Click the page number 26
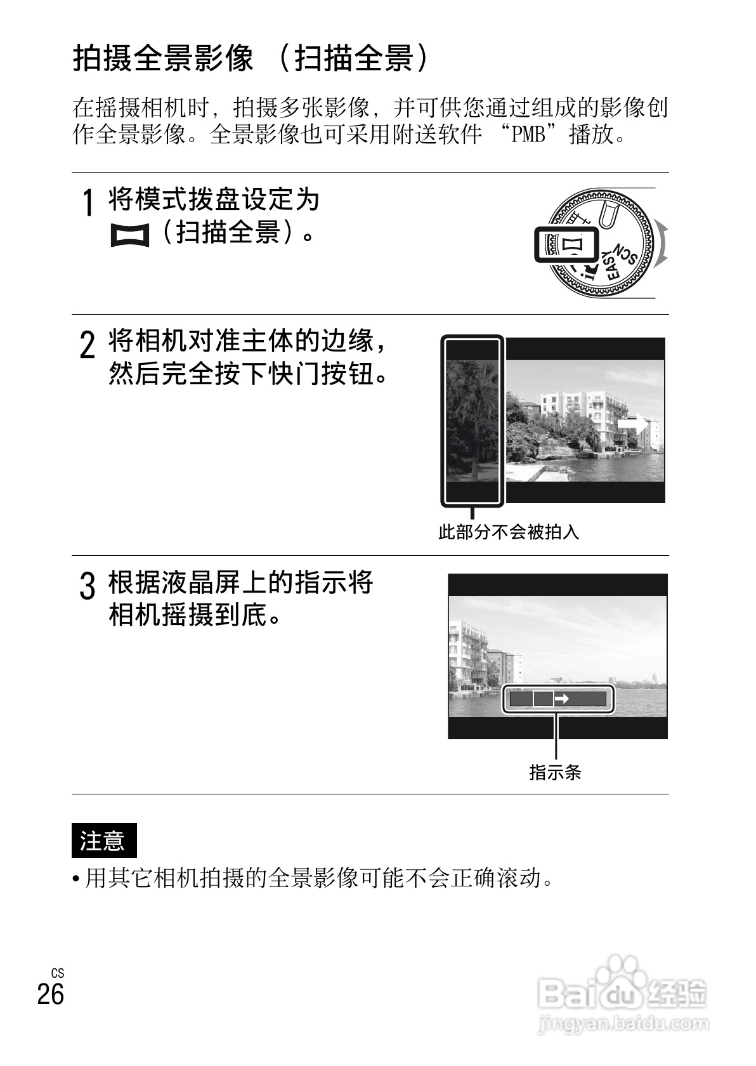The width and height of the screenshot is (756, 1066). point(51,994)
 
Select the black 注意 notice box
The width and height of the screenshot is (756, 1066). point(103,841)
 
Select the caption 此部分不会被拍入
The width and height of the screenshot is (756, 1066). point(509,532)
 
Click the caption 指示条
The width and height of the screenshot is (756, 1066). point(555,772)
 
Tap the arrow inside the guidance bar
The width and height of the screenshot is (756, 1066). point(562,699)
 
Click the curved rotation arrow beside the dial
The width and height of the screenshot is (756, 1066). point(663,244)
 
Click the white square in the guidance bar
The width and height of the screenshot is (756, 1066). point(543,699)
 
